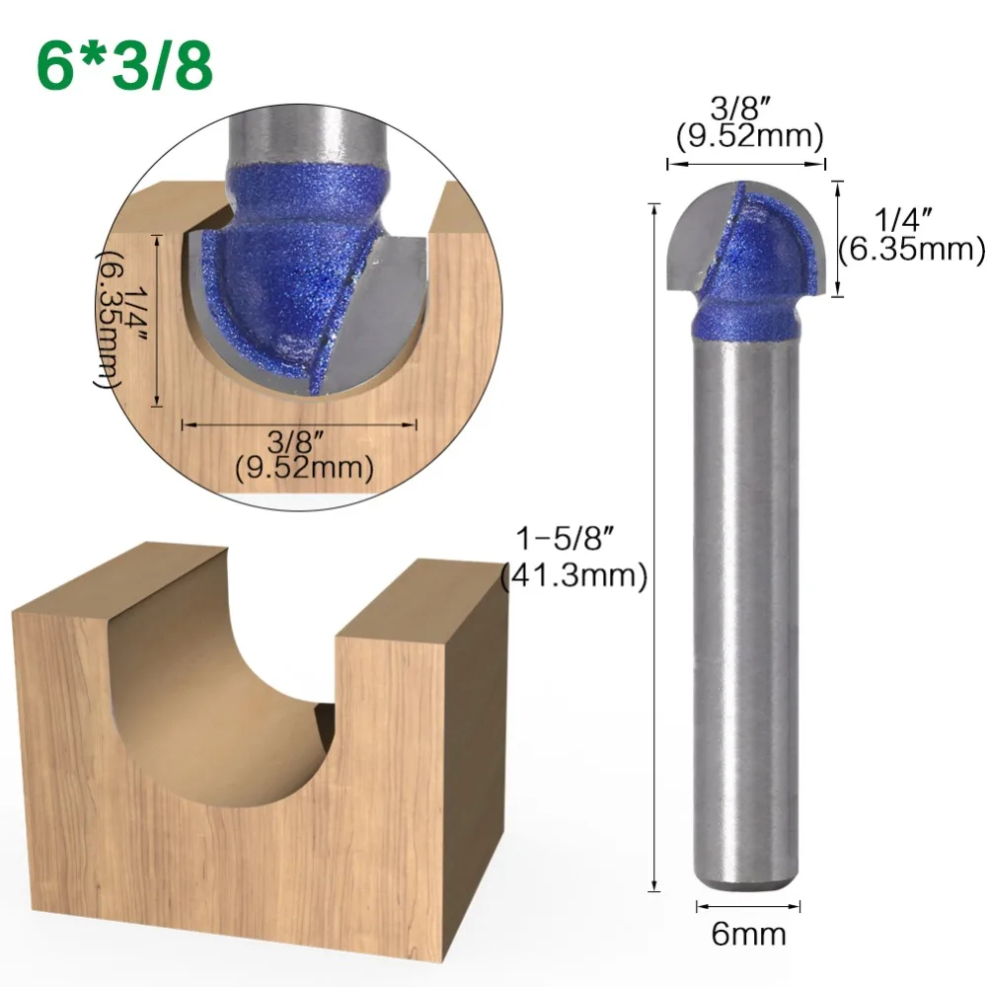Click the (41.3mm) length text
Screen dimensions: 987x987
click(x=572, y=576)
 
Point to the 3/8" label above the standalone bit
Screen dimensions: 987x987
click(x=745, y=106)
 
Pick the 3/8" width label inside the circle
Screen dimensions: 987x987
click(x=299, y=440)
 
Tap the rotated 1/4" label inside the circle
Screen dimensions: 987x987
click(x=131, y=318)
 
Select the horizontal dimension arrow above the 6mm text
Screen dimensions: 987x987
click(x=748, y=905)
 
